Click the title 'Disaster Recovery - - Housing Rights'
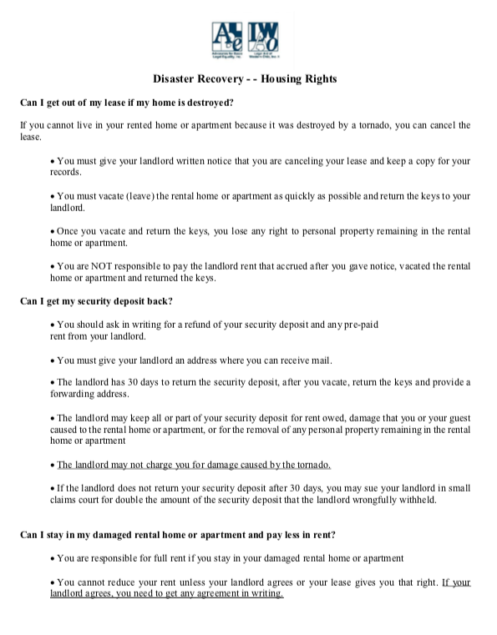(x=245, y=78)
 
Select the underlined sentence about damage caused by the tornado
(x=194, y=464)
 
